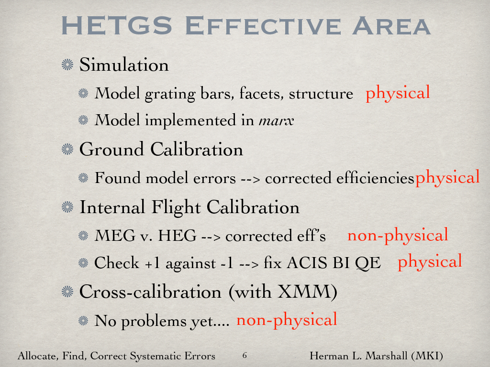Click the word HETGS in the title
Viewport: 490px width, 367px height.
(117, 25)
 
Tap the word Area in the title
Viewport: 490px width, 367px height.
(391, 25)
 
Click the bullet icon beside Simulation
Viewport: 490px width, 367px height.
(67, 65)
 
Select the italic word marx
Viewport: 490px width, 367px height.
(276, 120)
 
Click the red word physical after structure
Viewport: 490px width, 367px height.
(398, 93)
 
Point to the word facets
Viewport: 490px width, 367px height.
(262, 93)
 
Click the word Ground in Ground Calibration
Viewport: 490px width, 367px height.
(111, 149)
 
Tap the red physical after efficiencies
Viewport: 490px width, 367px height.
(447, 177)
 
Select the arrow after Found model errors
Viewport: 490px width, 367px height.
(250, 179)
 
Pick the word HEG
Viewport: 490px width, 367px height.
(177, 236)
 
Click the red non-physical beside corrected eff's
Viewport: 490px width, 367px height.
(398, 235)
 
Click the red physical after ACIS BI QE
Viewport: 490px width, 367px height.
(430, 261)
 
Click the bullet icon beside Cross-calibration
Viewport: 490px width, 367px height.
(67, 291)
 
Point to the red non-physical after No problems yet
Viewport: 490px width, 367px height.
(287, 319)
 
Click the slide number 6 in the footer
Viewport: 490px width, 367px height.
(245, 355)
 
